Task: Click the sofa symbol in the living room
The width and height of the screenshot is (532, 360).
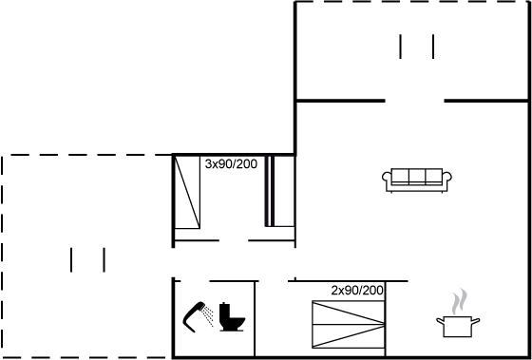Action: coord(417,180)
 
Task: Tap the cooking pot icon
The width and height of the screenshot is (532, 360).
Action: coord(458,327)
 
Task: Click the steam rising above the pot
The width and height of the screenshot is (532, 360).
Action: coord(459,302)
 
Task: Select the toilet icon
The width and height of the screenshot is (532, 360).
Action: coord(233,317)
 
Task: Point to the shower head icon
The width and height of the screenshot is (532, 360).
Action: coord(194,316)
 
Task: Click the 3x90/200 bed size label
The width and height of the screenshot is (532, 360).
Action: coord(231,164)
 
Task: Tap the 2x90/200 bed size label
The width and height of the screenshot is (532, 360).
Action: coord(357,291)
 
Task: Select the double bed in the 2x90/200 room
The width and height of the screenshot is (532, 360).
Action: coord(348,324)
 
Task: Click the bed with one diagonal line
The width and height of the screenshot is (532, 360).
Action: coord(187,192)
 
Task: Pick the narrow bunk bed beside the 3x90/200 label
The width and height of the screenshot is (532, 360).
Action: coord(279,191)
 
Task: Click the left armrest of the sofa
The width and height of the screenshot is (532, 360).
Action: coord(388,180)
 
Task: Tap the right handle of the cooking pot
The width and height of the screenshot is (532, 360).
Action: coord(476,320)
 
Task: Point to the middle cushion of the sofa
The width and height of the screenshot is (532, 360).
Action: coord(417,177)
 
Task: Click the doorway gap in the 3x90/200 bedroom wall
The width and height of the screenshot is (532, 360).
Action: coord(234,240)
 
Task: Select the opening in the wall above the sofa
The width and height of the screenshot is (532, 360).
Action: coord(414,101)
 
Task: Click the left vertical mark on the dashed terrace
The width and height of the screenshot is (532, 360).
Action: coord(71,260)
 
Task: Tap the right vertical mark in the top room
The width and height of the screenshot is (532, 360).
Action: coord(433,47)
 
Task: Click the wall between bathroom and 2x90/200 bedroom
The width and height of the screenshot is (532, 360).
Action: coord(255,319)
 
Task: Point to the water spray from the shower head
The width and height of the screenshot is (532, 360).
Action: coord(208,315)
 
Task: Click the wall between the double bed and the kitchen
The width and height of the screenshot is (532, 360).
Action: coord(386,319)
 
